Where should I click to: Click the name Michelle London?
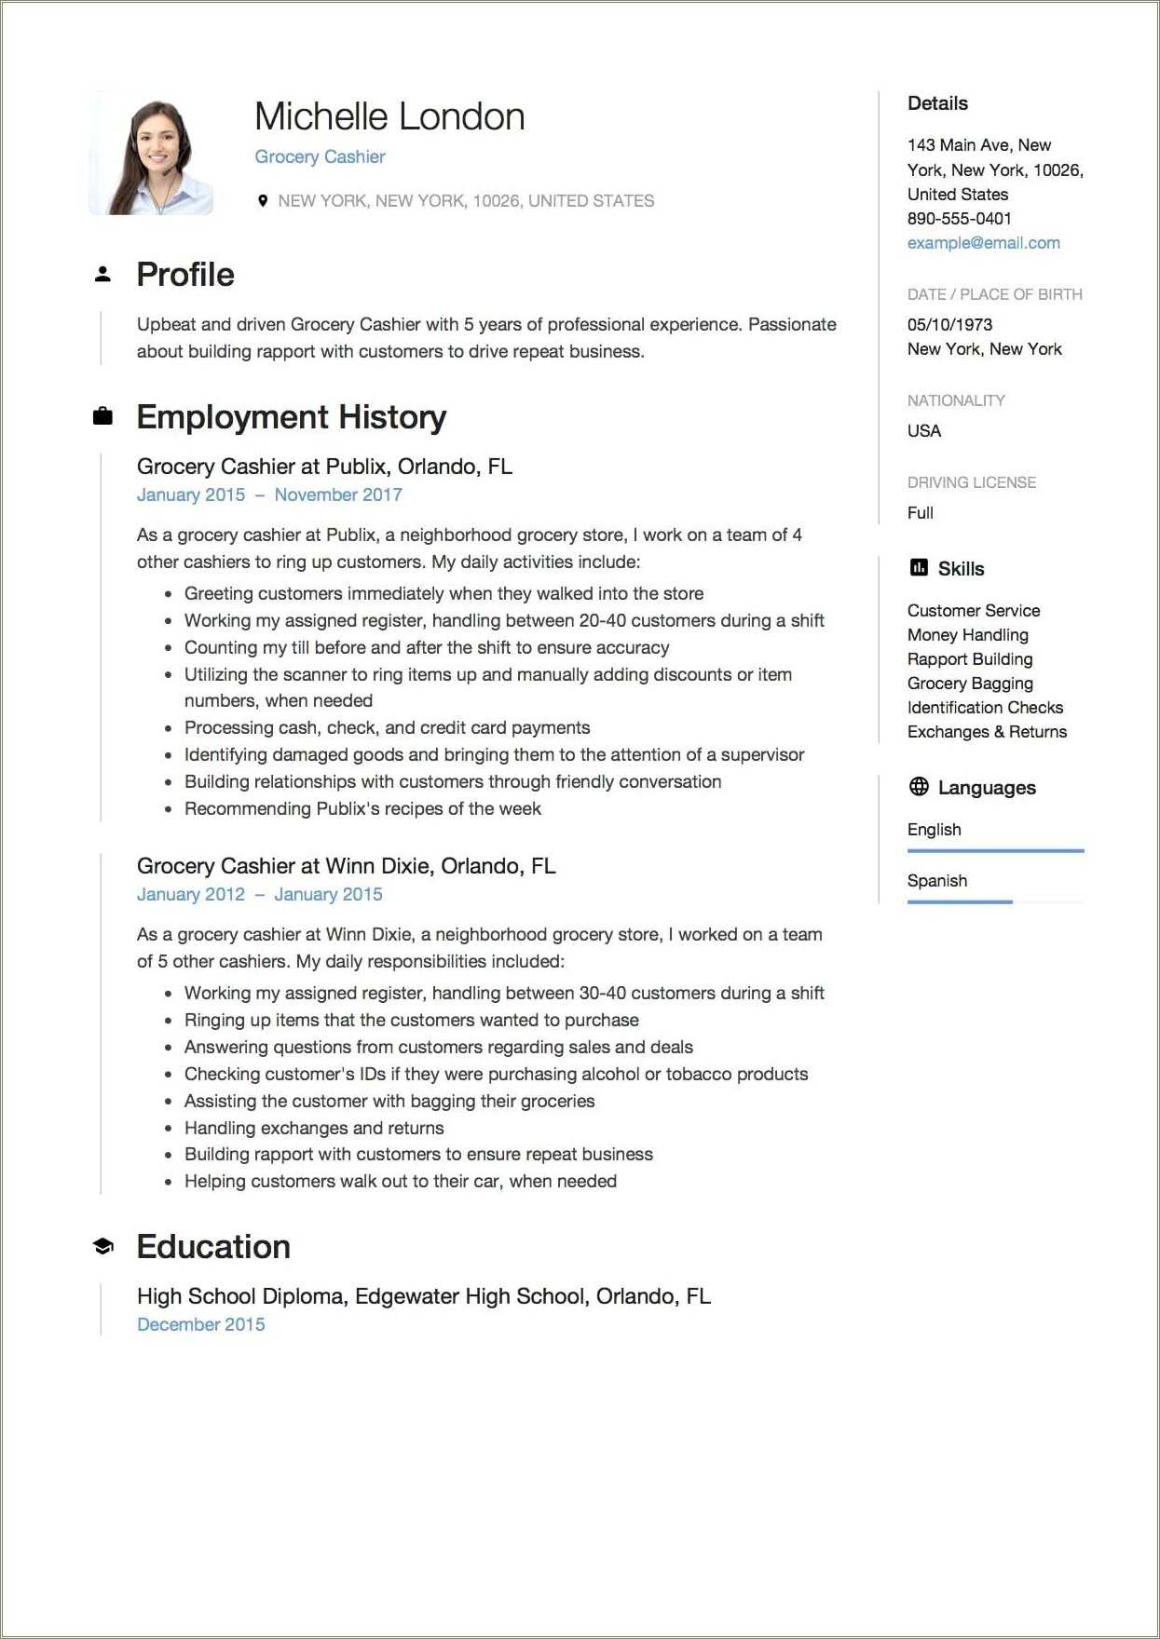tap(389, 117)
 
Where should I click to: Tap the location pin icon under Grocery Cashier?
tap(263, 200)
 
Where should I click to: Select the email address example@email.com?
tap(983, 243)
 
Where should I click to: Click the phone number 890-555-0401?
tap(959, 219)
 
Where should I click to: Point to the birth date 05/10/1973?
tap(949, 324)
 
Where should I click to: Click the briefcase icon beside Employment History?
tap(102, 416)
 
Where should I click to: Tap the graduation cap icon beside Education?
tap(102, 1246)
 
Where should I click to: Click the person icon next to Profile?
tap(102, 275)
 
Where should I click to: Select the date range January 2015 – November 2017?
tap(269, 494)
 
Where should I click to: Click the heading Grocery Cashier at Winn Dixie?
tap(346, 866)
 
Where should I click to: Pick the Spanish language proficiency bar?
tap(960, 901)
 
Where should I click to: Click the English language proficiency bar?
tap(995, 850)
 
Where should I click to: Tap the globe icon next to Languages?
tap(919, 787)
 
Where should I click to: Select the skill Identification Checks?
tap(985, 708)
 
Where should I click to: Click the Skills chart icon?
tap(919, 568)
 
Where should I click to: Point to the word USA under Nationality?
tap(924, 431)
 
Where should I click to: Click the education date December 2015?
tap(200, 1324)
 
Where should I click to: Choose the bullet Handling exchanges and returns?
tap(314, 1128)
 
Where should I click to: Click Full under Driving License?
tap(920, 513)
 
